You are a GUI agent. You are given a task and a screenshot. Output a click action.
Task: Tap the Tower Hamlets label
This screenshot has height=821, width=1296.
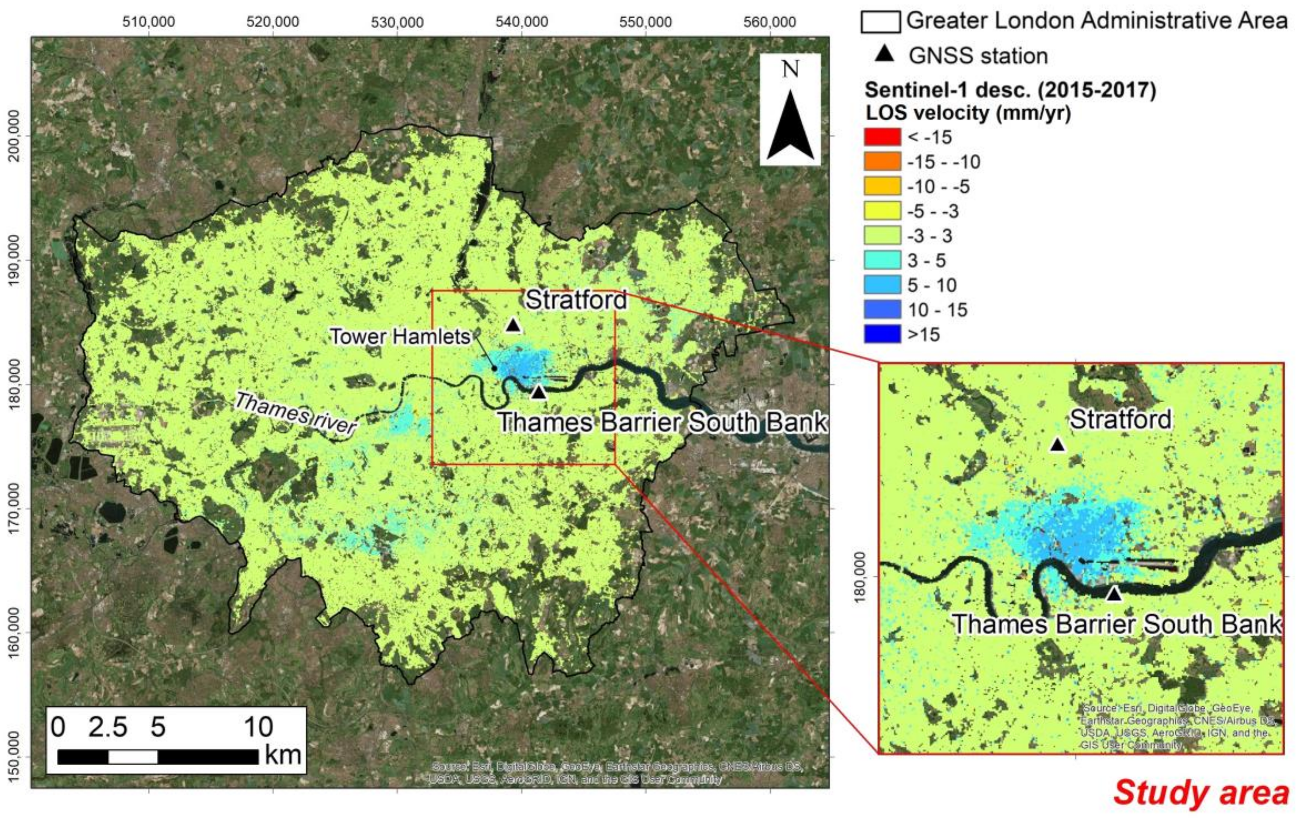click(400, 337)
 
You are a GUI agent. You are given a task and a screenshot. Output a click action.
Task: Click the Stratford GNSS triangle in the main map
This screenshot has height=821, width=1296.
click(513, 325)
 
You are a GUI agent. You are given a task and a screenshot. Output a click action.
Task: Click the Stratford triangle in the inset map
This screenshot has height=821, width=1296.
click(1057, 445)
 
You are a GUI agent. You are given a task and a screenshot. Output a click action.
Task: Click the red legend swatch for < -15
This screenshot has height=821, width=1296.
click(882, 137)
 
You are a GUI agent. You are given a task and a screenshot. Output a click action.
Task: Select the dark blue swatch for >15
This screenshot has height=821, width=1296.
click(882, 335)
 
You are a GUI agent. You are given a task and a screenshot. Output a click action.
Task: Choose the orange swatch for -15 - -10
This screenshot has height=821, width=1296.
click(882, 162)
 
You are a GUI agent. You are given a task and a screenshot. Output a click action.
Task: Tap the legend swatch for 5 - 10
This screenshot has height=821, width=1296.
click(882, 285)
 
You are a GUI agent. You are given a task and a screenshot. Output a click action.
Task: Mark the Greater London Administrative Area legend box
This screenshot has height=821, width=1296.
click(880, 22)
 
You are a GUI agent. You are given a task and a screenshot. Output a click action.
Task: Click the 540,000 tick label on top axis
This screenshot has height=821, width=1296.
click(522, 22)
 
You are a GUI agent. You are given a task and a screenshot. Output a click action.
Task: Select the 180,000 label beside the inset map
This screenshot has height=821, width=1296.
click(860, 577)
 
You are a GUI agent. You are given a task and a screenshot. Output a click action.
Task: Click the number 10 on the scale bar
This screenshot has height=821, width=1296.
click(258, 727)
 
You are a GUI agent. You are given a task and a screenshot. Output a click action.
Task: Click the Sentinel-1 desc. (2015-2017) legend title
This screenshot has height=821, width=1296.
click(1010, 90)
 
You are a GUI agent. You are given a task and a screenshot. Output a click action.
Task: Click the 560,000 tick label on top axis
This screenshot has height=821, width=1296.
click(770, 22)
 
